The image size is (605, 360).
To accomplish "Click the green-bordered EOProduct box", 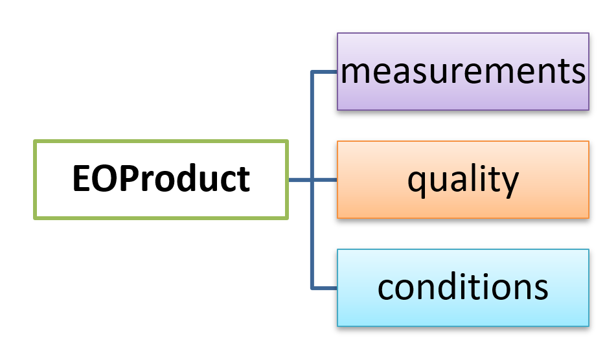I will coord(161,179).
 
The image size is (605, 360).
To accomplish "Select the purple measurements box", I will coord(462,71).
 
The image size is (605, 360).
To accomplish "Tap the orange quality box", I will coord(462,179).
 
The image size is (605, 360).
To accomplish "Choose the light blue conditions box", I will coord(462,287).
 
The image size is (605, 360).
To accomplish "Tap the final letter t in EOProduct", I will coord(243,179).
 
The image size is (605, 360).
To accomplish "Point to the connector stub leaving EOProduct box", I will coord(299,179).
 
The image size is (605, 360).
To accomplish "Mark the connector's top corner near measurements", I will coord(312,71).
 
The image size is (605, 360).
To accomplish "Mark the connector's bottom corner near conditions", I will coord(312,287).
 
